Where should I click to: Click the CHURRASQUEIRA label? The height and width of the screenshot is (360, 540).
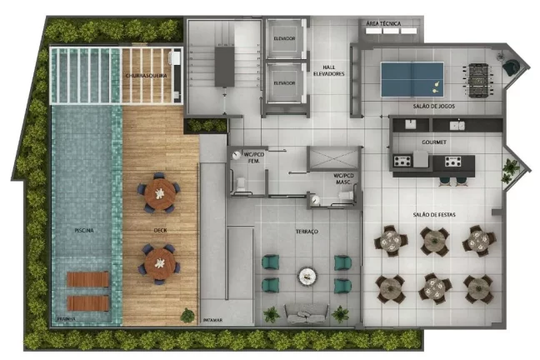146,75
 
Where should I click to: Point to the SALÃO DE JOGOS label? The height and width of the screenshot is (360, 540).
433,107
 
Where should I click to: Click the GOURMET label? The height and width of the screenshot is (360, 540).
434,142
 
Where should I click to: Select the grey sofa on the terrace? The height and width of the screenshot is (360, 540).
305,313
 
